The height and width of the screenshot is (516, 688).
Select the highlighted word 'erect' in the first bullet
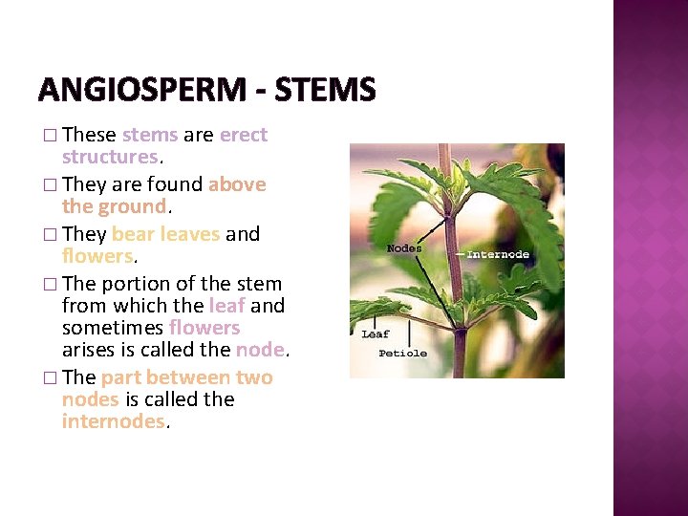244,135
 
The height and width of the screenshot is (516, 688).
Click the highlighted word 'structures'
109,156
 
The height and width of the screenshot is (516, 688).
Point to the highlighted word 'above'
237,184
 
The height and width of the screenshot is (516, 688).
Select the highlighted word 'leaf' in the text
226,306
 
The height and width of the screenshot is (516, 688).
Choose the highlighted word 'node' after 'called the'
260,349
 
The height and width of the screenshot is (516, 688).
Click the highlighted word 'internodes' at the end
113,420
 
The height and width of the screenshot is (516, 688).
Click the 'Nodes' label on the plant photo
404,248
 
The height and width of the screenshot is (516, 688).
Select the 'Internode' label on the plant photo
498,254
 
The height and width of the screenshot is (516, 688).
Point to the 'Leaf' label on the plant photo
375,333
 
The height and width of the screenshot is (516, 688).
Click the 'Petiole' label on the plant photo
401,353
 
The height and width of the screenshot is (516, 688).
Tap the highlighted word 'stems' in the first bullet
149,135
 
